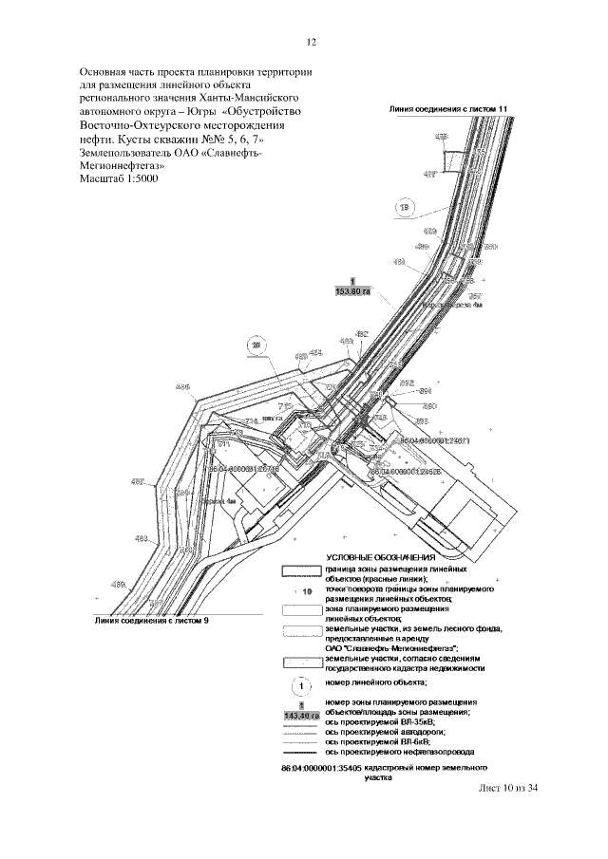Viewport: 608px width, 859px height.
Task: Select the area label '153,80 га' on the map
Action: pos(351,291)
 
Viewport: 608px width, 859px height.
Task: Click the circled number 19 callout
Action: pos(405,206)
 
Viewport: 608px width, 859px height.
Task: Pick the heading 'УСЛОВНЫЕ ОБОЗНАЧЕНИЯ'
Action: pos(381,557)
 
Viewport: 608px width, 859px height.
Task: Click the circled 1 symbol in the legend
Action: pos(300,683)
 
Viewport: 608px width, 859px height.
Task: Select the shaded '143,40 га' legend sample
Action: pos(300,714)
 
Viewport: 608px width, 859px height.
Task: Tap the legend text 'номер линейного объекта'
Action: pos(376,682)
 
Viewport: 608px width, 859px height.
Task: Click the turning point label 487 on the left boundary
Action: pos(138,482)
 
